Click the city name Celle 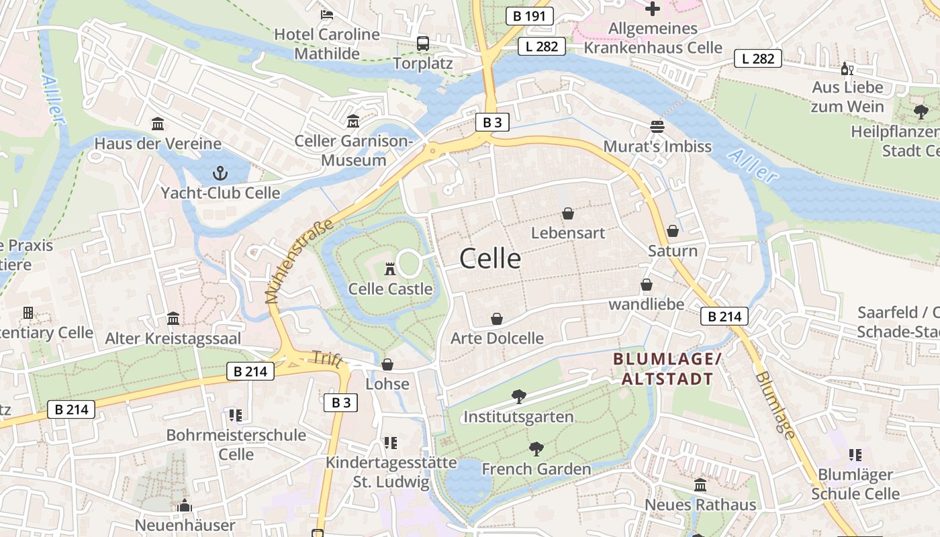(490, 258)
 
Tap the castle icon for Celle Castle (389, 269)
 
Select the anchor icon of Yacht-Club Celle (220, 174)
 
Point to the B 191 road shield (529, 16)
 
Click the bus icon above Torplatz (423, 44)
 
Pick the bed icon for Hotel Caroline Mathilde (327, 14)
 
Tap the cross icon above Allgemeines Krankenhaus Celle (652, 9)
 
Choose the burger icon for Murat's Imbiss (657, 127)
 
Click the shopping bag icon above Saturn (673, 231)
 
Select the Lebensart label (568, 233)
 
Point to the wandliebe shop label (646, 304)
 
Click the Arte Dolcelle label (497, 338)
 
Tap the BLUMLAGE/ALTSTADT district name (667, 369)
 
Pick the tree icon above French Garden (536, 449)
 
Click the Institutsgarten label (519, 417)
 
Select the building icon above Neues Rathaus (700, 485)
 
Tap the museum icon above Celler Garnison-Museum (353, 121)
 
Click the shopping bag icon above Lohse (387, 364)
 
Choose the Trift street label (326, 360)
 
